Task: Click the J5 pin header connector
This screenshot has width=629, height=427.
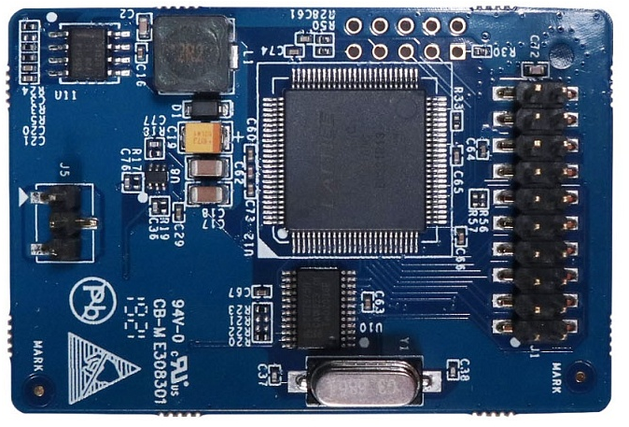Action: pyautogui.click(x=63, y=222)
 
